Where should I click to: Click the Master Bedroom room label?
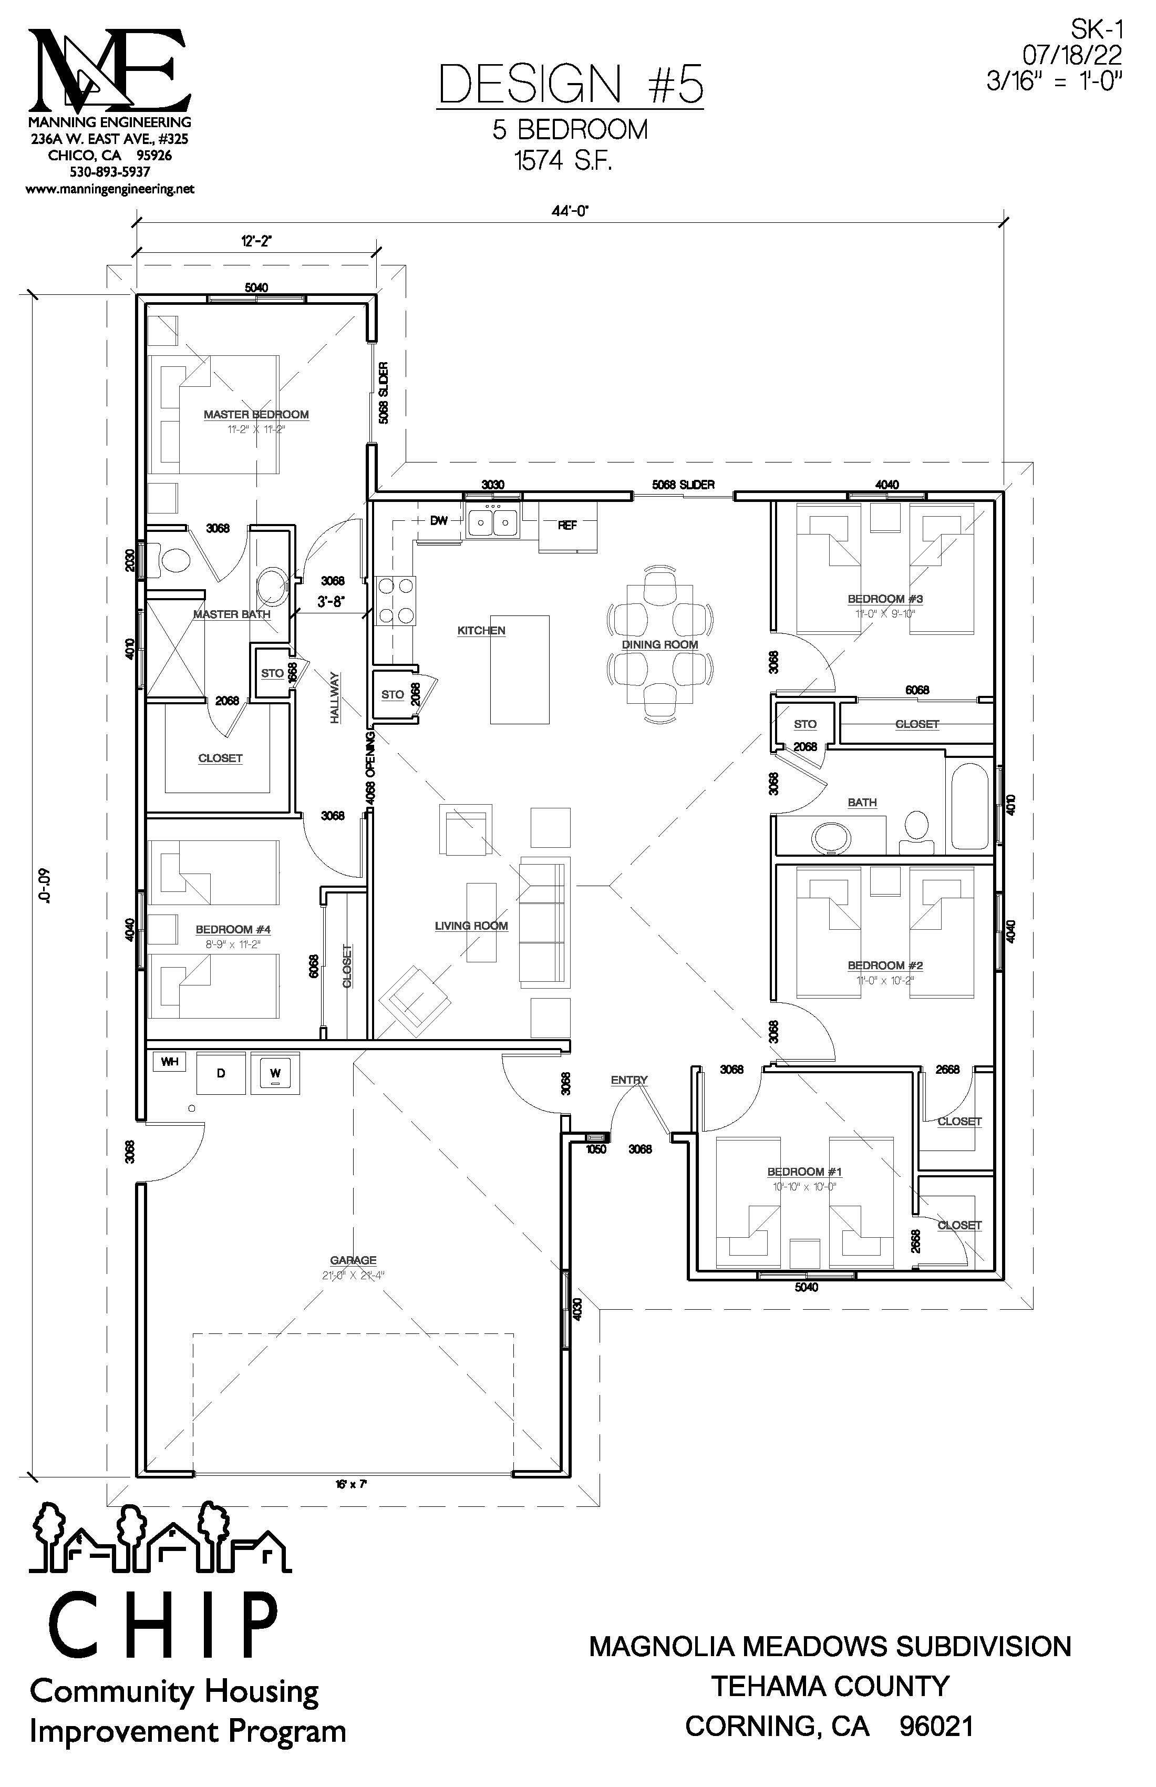[x=256, y=415]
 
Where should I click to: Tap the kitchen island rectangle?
[x=520, y=669]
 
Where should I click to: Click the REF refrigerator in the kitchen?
[x=567, y=526]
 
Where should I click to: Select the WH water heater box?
[x=170, y=1062]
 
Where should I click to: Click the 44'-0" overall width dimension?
[x=571, y=212]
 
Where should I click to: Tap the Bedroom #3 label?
[x=885, y=599]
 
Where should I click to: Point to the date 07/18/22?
[x=1072, y=54]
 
